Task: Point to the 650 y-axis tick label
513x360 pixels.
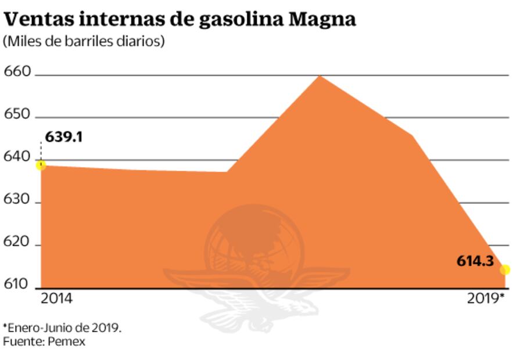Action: click(x=17, y=114)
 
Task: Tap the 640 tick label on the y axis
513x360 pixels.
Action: click(x=17, y=156)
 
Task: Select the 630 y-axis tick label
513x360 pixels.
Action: click(x=17, y=199)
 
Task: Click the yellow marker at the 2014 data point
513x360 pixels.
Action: click(x=41, y=165)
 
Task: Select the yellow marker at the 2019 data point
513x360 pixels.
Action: click(x=505, y=270)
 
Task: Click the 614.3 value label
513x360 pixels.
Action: click(x=474, y=262)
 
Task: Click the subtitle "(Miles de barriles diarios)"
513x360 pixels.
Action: click(x=84, y=42)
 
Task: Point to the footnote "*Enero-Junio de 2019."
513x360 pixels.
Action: click(x=62, y=327)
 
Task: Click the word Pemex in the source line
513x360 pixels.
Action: click(x=66, y=341)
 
